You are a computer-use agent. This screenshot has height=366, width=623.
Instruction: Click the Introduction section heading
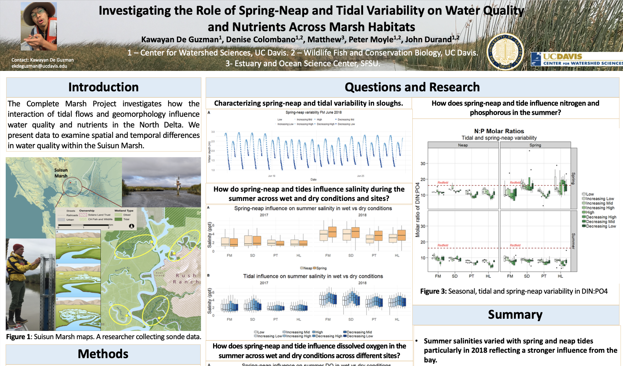[x=103, y=87]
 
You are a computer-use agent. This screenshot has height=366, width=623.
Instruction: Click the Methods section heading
[x=103, y=354]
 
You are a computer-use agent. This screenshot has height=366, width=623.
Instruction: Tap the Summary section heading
[x=515, y=314]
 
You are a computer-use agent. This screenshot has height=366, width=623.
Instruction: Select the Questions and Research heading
[x=412, y=87]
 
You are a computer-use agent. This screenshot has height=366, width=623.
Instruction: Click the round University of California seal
[x=505, y=51]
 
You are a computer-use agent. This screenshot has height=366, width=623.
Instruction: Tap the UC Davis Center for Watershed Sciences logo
[x=577, y=59]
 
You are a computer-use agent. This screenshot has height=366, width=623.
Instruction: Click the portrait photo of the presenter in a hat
[x=39, y=26]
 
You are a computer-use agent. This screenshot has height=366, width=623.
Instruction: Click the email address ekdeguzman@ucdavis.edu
[x=39, y=66]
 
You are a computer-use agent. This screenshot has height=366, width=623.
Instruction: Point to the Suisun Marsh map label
[x=61, y=173]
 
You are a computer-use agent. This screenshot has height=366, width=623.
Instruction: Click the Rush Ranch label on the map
[x=186, y=279]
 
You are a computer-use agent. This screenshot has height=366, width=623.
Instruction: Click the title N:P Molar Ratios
[x=499, y=131]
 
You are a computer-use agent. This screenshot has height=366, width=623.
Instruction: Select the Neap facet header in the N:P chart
[x=463, y=145]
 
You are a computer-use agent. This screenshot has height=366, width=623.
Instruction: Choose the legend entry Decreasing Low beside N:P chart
[x=601, y=226]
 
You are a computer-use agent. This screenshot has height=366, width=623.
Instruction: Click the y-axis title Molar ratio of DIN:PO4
[x=417, y=210]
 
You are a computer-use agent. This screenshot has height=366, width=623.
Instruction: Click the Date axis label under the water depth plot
[x=313, y=179]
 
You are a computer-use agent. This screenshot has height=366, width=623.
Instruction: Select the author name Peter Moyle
[x=371, y=39]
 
